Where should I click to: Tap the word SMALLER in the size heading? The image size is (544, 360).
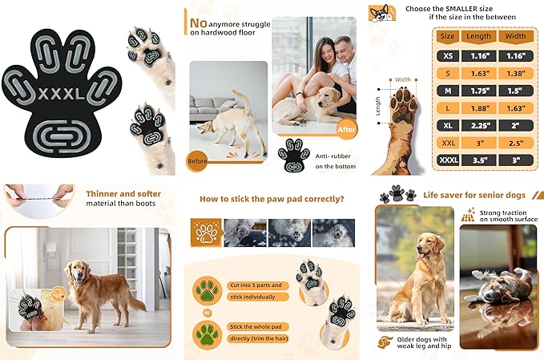[465, 8]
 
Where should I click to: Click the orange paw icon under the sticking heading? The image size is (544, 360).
[206, 233]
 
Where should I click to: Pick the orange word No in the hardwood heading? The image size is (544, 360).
[200, 14]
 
